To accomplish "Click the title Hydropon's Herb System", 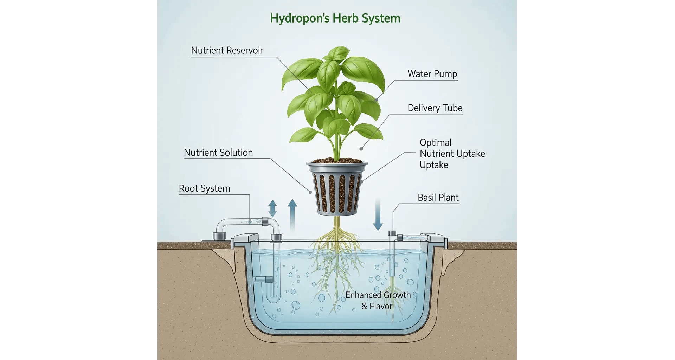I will (x=335, y=18).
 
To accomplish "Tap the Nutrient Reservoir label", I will (x=227, y=51).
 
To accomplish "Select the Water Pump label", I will (x=432, y=74).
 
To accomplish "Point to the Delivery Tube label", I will (x=435, y=108).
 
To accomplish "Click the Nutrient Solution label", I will (x=218, y=153).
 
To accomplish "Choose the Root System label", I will (x=204, y=188).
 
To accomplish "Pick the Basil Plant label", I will (x=438, y=198).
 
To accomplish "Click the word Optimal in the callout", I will (x=436, y=143).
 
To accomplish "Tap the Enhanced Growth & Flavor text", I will (x=378, y=301).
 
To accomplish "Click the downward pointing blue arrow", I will (x=378, y=214).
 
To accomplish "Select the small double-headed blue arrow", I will (x=272, y=208).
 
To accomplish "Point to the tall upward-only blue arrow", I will (x=292, y=214).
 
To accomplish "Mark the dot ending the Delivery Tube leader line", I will (x=361, y=149).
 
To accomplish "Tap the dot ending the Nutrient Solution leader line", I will (x=310, y=192).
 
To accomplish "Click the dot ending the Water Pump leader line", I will (x=376, y=100).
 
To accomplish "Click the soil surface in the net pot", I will (x=336, y=161).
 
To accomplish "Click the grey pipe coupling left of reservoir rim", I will (x=219, y=236).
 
